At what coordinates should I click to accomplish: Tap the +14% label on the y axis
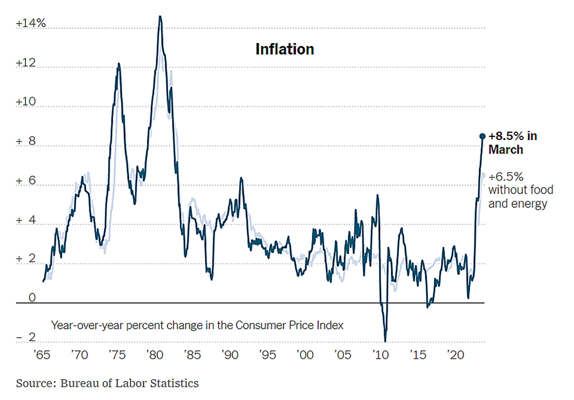point(31,23)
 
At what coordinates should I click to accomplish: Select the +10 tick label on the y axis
point(26,102)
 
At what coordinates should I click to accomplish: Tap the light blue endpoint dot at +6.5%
point(483,175)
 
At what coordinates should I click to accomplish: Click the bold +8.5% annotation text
point(513,136)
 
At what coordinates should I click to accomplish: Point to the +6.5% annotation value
point(506,177)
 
